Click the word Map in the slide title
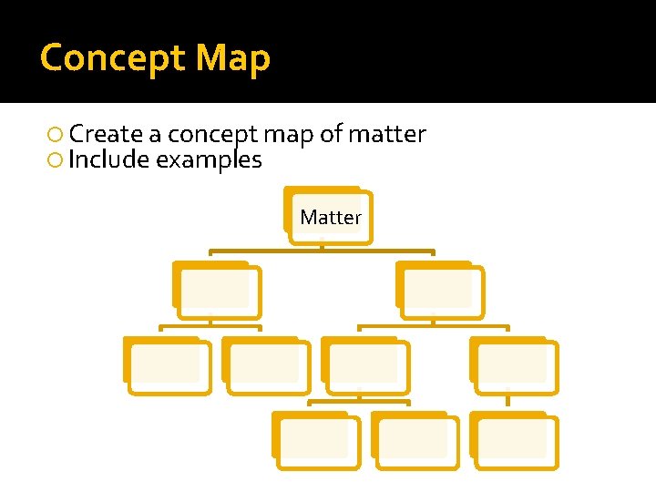click(x=233, y=58)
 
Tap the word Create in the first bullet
click(x=106, y=135)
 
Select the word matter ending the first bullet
click(x=387, y=135)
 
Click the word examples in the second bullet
click(x=210, y=160)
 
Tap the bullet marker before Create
click(x=56, y=135)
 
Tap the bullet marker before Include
click(x=56, y=160)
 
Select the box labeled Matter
click(x=330, y=217)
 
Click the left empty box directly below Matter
click(x=218, y=291)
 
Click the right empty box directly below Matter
click(x=440, y=291)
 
